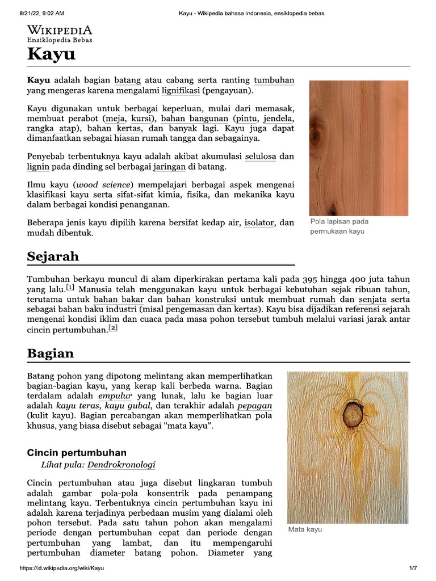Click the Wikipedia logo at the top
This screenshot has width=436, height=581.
[60, 33]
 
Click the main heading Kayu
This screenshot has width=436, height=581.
[51, 55]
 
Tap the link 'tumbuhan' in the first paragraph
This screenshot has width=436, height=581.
[274, 80]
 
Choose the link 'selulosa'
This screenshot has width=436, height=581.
[261, 155]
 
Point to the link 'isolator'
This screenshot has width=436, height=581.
[258, 223]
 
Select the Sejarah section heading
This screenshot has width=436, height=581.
[53, 256]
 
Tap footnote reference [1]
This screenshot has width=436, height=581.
[70, 288]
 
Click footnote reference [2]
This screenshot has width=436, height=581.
[113, 328]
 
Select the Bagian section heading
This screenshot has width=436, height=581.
[51, 353]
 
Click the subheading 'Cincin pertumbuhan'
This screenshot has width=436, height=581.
[77, 452]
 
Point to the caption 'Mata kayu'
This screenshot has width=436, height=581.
[305, 529]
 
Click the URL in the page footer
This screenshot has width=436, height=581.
[61, 568]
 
